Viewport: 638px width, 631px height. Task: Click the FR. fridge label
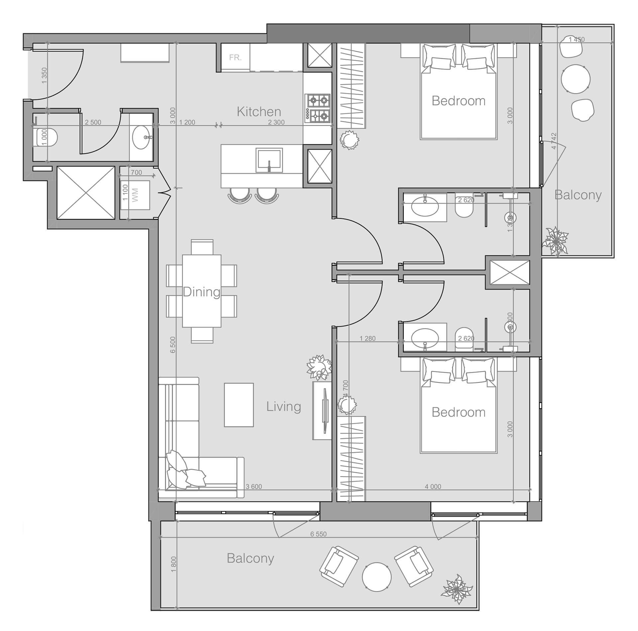tap(235, 58)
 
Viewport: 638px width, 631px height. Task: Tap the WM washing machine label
tap(135, 195)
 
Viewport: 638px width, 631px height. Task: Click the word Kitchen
tap(259, 112)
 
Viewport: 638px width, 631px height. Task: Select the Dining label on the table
tap(201, 292)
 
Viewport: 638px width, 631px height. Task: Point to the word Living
tap(283, 407)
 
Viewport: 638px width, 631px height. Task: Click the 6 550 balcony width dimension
tap(318, 534)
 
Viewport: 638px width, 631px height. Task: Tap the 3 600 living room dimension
tap(254, 487)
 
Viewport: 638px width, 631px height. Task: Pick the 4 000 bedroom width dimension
tap(433, 487)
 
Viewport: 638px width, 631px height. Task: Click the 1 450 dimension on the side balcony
tap(577, 40)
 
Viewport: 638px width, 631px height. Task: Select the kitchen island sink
tap(269, 160)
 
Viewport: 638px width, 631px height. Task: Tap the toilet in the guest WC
tap(46, 137)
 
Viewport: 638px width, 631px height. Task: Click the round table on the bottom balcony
tap(376, 577)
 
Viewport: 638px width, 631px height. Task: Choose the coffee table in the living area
tap(239, 405)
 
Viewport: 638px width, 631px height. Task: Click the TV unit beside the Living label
tap(322, 410)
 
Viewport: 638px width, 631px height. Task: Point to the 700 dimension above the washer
tap(136, 173)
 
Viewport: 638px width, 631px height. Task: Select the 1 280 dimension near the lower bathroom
tap(368, 338)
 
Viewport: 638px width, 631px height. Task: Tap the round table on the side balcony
tap(576, 79)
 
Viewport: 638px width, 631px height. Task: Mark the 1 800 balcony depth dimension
tap(173, 564)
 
